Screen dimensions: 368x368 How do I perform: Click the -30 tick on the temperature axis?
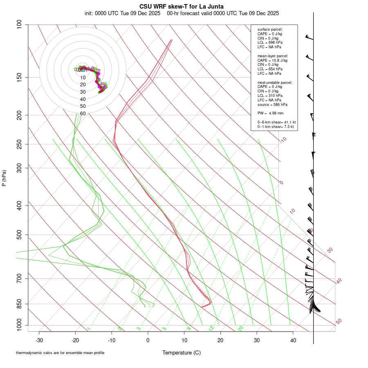click(39, 340)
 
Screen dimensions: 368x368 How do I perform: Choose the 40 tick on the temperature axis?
click(293, 340)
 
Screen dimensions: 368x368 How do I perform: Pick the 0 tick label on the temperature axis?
click(148, 340)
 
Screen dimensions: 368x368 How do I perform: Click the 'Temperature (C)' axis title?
click(182, 352)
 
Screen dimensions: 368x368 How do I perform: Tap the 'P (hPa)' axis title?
click(4, 178)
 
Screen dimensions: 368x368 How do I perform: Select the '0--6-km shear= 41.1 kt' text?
click(276, 122)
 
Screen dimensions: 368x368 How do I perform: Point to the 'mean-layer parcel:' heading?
click(273, 56)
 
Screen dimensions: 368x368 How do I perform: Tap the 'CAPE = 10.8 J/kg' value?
click(272, 61)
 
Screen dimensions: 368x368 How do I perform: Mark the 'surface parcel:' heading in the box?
click(270, 29)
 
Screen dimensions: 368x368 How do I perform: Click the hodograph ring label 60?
click(83, 113)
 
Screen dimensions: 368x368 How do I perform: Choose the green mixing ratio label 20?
click(241, 328)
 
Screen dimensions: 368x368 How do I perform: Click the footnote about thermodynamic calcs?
click(60, 352)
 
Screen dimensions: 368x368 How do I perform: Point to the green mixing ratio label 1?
click(89, 328)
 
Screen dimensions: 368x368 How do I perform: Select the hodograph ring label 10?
click(83, 78)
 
